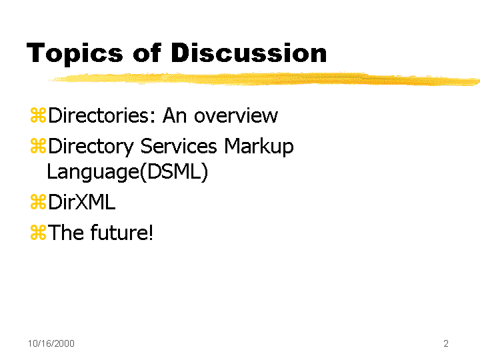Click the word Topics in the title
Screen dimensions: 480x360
click(75, 54)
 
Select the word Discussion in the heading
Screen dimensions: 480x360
click(249, 53)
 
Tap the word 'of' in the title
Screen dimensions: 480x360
click(147, 53)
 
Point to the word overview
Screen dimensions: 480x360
click(236, 115)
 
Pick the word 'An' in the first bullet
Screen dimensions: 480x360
click(175, 115)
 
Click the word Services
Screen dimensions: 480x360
click(179, 146)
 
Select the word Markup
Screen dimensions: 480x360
click(259, 147)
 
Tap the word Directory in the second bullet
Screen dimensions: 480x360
click(91, 147)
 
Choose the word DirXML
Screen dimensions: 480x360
click(82, 202)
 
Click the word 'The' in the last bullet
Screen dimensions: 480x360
click(66, 233)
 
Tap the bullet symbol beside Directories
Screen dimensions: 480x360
click(38, 115)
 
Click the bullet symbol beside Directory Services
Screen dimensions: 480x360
click(38, 146)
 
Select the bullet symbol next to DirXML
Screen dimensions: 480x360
click(38, 202)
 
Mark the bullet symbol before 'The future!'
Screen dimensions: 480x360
click(38, 233)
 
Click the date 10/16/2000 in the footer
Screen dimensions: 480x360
click(51, 343)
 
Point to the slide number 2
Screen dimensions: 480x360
click(446, 343)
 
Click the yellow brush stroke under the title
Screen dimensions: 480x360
click(264, 79)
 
